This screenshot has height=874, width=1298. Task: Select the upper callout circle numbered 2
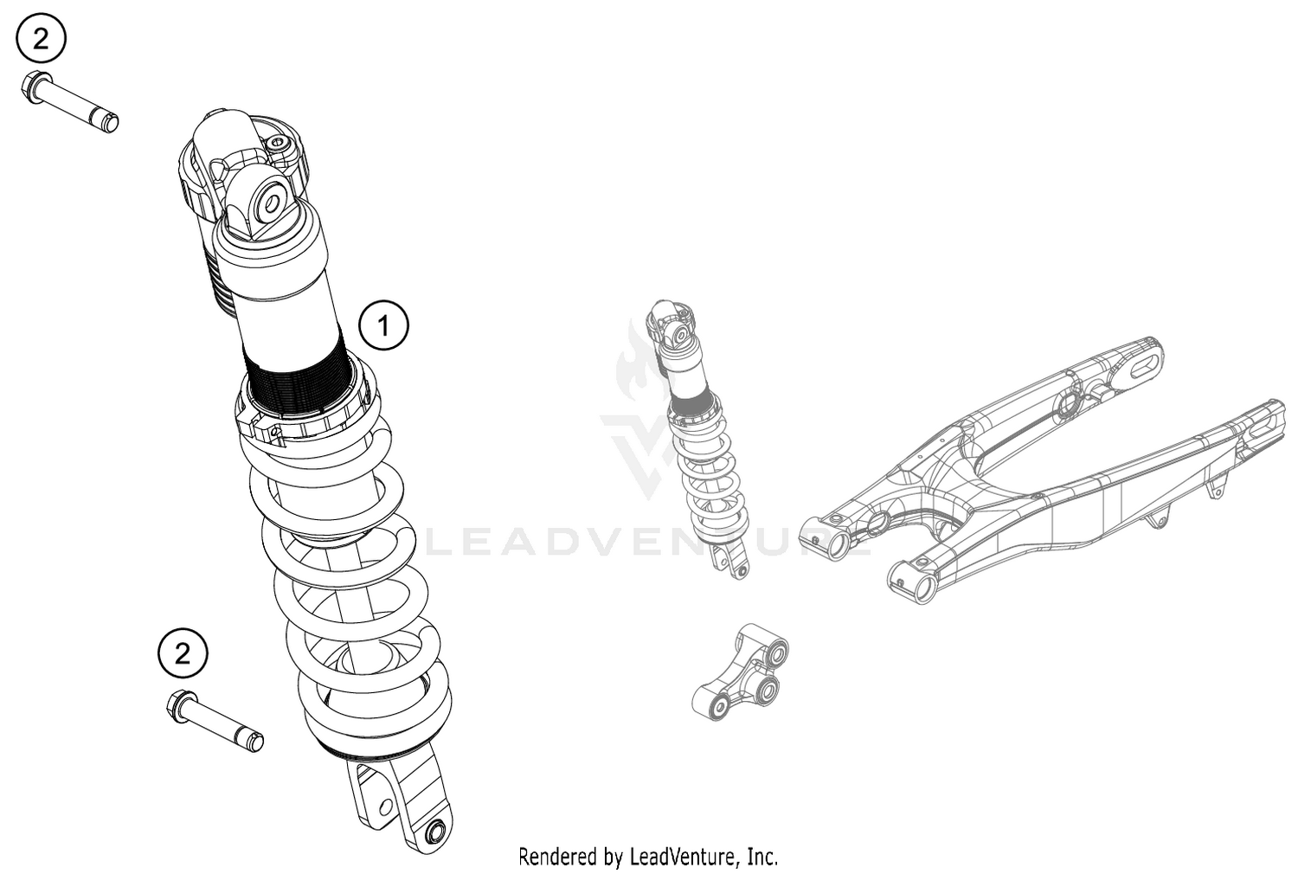40,38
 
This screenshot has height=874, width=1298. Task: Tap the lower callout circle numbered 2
182,653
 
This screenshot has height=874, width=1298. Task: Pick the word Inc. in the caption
763,857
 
